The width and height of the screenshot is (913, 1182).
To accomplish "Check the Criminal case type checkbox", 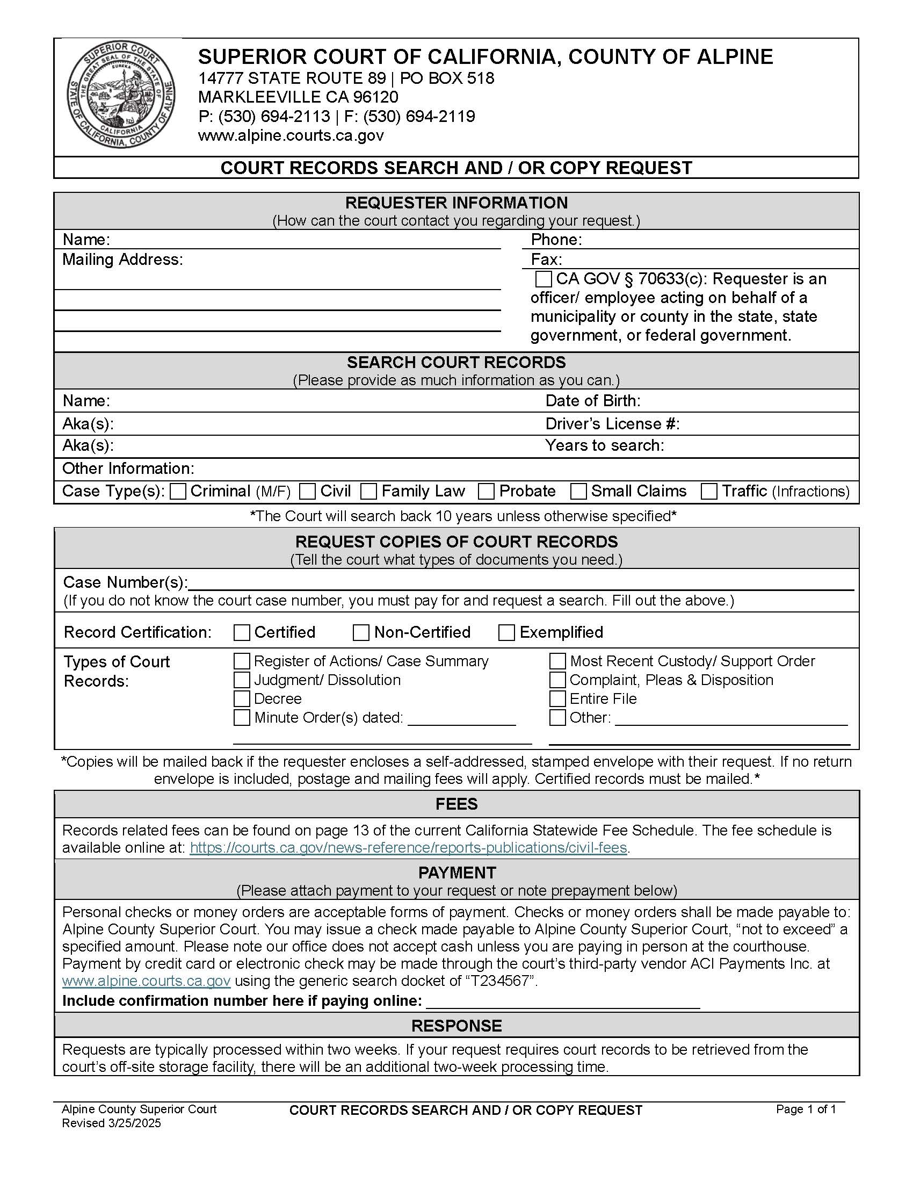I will tap(178, 492).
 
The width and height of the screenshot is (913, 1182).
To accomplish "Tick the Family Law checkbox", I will tap(369, 492).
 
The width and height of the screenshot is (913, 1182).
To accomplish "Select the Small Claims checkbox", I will tap(579, 492).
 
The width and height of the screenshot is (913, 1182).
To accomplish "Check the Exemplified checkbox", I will tap(506, 633).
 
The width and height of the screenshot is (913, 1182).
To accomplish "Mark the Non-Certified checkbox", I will tap(361, 633).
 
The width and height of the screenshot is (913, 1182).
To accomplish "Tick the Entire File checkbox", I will tap(557, 698).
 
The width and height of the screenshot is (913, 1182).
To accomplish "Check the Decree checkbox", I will tap(242, 698).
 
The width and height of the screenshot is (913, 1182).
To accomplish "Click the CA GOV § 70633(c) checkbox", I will tap(543, 279).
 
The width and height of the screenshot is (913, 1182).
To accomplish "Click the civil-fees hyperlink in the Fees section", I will tap(408, 847).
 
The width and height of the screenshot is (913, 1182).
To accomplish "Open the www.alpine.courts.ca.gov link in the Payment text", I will tap(147, 981).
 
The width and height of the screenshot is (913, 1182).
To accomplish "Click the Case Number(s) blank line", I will tap(519, 585).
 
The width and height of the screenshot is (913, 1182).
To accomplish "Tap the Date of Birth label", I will tap(593, 401).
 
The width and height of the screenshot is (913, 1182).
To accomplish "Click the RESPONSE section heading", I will tap(457, 1026).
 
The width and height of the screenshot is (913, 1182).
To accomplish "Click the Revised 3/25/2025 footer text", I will tap(111, 1123).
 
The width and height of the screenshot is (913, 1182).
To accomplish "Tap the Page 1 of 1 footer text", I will tap(806, 1109).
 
